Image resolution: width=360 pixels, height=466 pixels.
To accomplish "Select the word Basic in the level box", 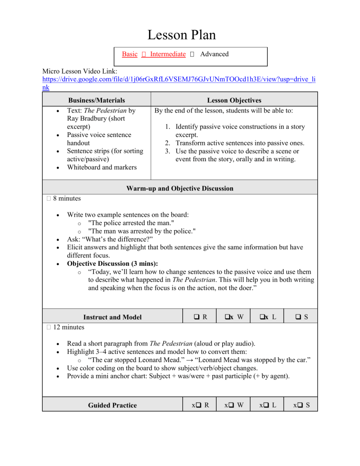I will tap(129, 54).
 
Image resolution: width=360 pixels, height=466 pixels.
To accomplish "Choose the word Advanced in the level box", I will tap(214, 54).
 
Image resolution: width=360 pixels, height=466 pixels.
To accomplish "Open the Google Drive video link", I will tap(178, 83).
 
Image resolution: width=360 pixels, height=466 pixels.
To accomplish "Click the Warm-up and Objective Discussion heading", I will tap(180, 188).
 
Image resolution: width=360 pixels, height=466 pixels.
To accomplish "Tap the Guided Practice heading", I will tap(111, 405).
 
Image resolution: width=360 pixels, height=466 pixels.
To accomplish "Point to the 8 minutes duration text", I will tap(59, 198).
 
